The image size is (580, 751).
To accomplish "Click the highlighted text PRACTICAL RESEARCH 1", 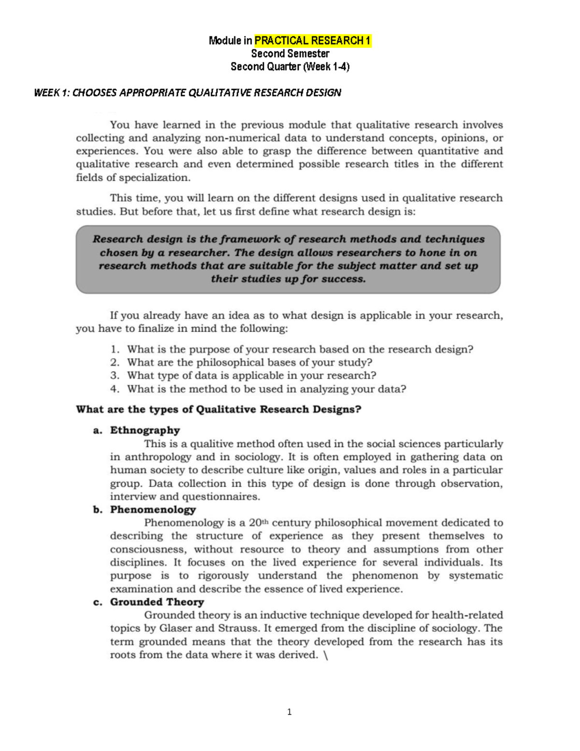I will pyautogui.click(x=312, y=41).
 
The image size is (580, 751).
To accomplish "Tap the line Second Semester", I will pyautogui.click(x=290, y=54).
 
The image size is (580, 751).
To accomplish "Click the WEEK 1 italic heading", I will pyautogui.click(x=187, y=92).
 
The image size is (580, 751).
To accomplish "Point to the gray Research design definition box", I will pyautogui.click(x=288, y=259).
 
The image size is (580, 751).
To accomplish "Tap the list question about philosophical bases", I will pyautogui.click(x=249, y=363).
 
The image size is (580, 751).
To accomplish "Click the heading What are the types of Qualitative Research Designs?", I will pyautogui.click(x=218, y=410).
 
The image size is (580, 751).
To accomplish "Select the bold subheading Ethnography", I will pyautogui.click(x=145, y=430).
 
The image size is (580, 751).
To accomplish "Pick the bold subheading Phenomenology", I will pyautogui.click(x=153, y=510).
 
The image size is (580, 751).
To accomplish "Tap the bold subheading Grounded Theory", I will pyautogui.click(x=157, y=602).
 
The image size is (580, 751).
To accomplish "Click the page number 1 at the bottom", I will pyautogui.click(x=289, y=712).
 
